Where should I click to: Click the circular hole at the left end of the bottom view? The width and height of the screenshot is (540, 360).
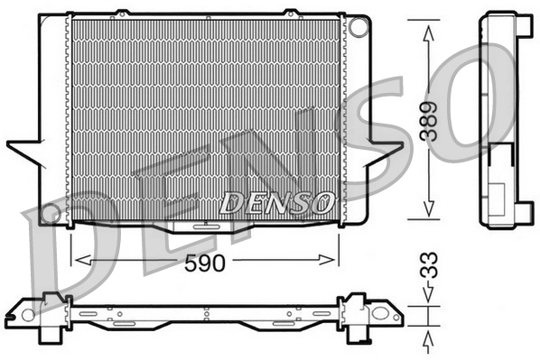tap(28, 316)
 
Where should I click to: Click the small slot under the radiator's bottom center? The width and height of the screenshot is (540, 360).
tap(204, 228)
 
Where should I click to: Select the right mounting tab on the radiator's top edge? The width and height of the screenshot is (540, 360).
tap(291, 13)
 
